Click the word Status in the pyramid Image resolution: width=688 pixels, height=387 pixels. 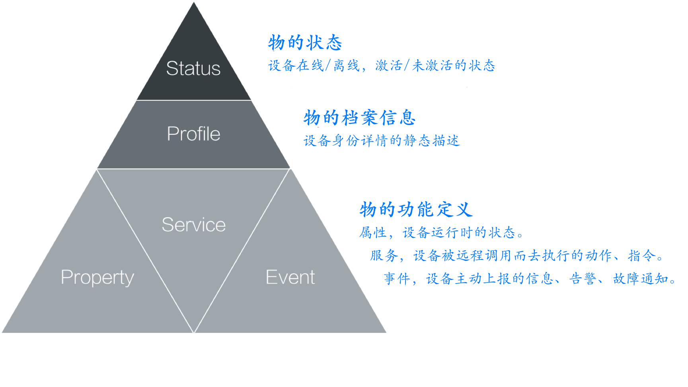coord(193,68)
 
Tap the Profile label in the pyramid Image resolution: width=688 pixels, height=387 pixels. coord(193,134)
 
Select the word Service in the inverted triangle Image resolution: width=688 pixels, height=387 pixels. coord(194,225)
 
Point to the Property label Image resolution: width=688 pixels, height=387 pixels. coord(97,278)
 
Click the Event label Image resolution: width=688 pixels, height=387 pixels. coord(290,277)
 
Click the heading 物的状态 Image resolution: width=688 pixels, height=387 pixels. coord(305,43)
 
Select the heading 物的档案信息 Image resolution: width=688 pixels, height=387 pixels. coord(359,118)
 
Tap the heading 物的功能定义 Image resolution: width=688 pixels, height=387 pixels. coord(416,210)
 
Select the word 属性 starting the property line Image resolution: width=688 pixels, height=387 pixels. coord(372,233)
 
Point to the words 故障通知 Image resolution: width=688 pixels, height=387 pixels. coord(640,279)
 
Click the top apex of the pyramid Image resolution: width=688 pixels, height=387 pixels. coord(194,2)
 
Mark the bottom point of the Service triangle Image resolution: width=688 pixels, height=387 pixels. coord(193,333)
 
